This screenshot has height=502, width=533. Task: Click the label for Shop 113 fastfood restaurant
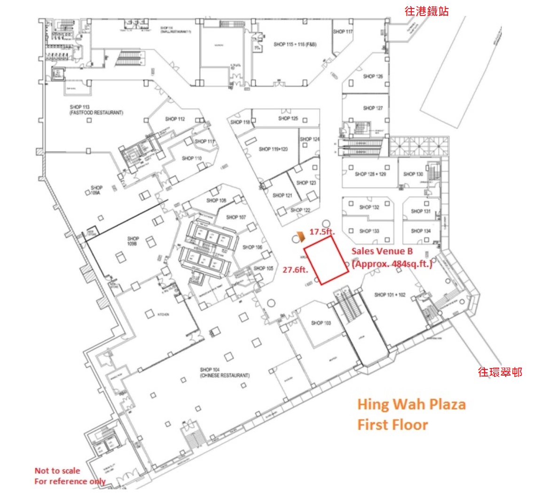pos(96,110)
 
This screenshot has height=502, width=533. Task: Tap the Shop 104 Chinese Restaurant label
pos(224,373)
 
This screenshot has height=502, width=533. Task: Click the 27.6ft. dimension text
pos(295,270)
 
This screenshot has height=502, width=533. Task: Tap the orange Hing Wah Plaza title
pos(411,404)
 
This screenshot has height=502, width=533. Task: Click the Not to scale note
pos(57,471)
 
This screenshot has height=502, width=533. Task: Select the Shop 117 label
pos(343,31)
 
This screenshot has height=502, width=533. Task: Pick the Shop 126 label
pos(373,76)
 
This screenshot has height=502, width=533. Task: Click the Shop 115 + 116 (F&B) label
pos(295,45)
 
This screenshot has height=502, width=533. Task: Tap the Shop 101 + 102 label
pos(390,295)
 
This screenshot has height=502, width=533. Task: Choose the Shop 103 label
pos(321,323)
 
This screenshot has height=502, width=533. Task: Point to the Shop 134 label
pos(420,231)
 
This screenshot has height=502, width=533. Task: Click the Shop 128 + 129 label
pos(370,174)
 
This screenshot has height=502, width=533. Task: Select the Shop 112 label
pos(175,119)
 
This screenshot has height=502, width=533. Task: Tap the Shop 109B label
pos(133,242)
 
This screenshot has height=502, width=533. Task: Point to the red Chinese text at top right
pos(426,11)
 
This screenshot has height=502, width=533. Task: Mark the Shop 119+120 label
pos(273,149)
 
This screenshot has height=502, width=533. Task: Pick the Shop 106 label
pos(252,247)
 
